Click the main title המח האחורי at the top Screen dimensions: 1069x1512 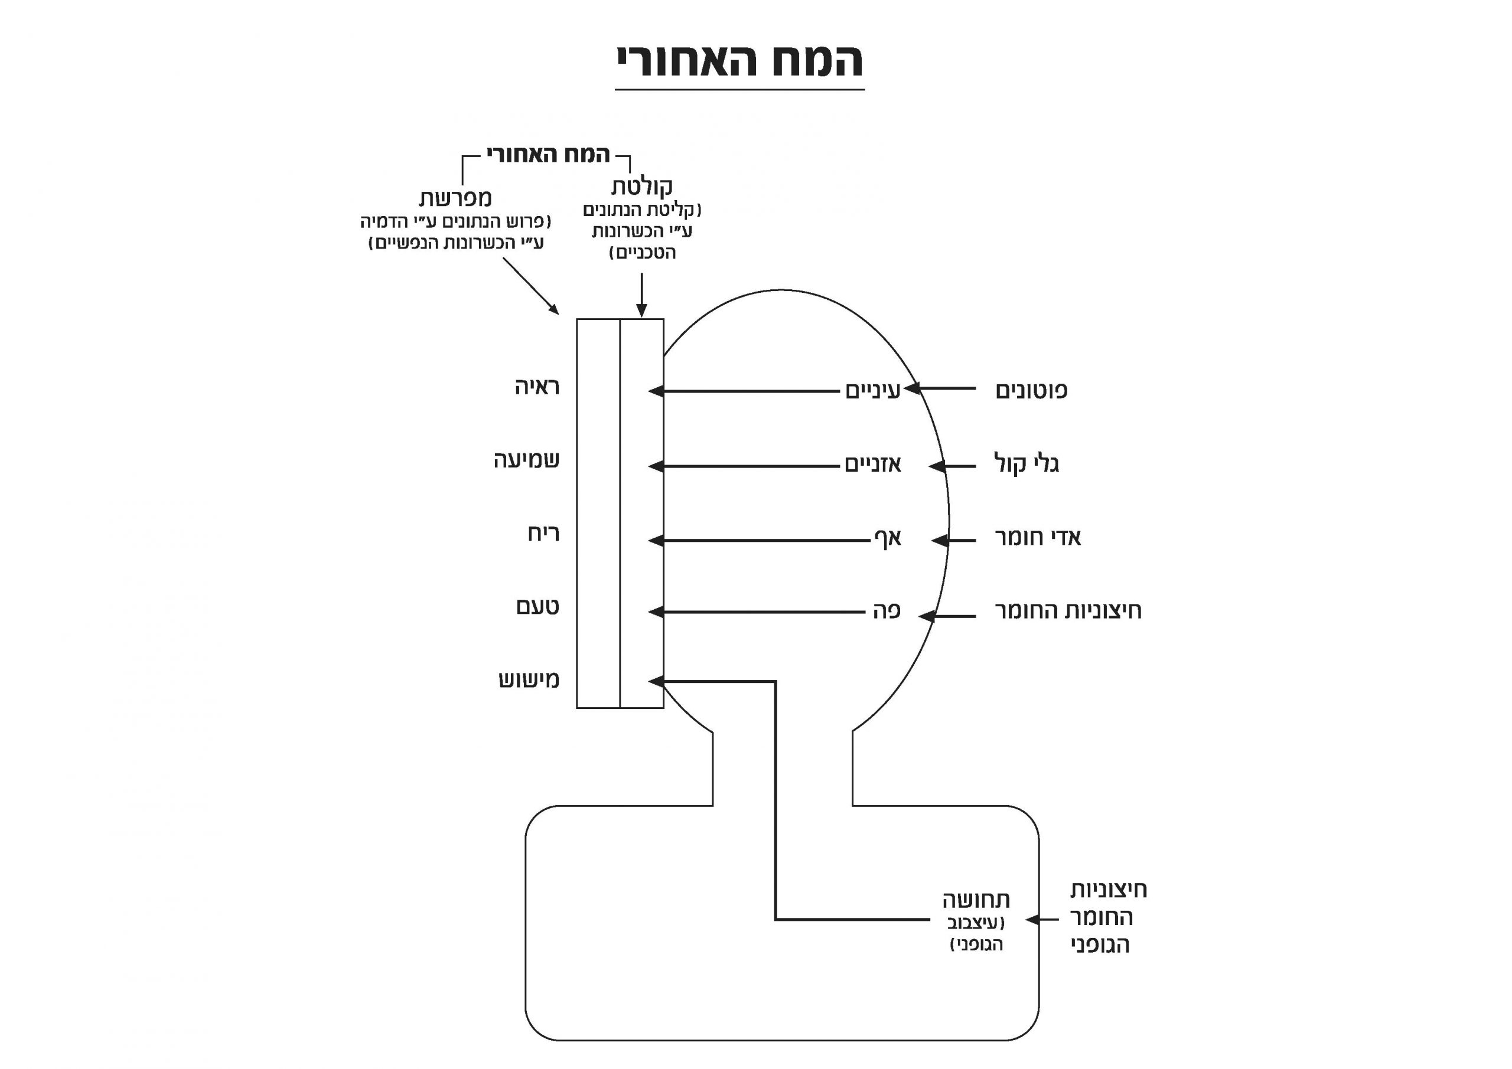click(x=739, y=61)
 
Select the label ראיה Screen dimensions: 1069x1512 click(x=537, y=387)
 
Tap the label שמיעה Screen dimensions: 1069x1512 click(x=527, y=460)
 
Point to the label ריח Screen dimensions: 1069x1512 click(x=543, y=533)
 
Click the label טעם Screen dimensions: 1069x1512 click(x=537, y=606)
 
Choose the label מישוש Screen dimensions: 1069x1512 click(x=529, y=679)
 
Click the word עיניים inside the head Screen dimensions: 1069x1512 click(x=872, y=391)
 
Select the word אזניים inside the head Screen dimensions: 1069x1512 click(x=872, y=465)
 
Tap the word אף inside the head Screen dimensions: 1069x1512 click(x=887, y=539)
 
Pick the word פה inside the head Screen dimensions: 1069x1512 click(x=887, y=611)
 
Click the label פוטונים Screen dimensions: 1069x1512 click(x=1031, y=391)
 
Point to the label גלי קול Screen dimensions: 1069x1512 click(x=1026, y=465)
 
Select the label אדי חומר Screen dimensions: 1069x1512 click(x=1037, y=538)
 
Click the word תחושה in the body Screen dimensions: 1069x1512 click(x=976, y=900)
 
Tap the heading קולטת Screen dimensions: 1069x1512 click(x=641, y=187)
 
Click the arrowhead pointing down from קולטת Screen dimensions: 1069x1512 click(x=642, y=310)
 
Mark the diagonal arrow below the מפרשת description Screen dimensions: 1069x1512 click(x=531, y=286)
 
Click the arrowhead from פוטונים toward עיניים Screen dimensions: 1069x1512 click(x=912, y=388)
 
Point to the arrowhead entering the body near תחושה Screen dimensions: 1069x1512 click(x=1032, y=920)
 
